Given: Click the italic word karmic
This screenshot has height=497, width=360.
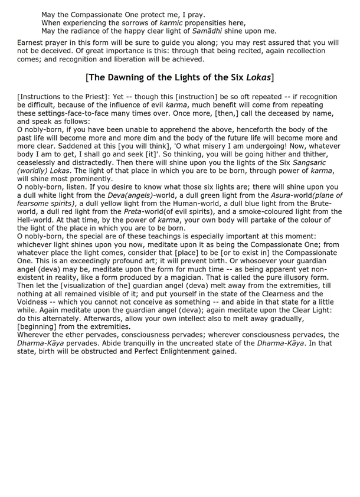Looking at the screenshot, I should pyautogui.click(x=172, y=22).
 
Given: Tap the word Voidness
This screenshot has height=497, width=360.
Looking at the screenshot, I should pyautogui.click(x=36, y=302).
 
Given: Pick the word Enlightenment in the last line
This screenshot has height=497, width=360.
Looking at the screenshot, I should pyautogui.click(x=191, y=351).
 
